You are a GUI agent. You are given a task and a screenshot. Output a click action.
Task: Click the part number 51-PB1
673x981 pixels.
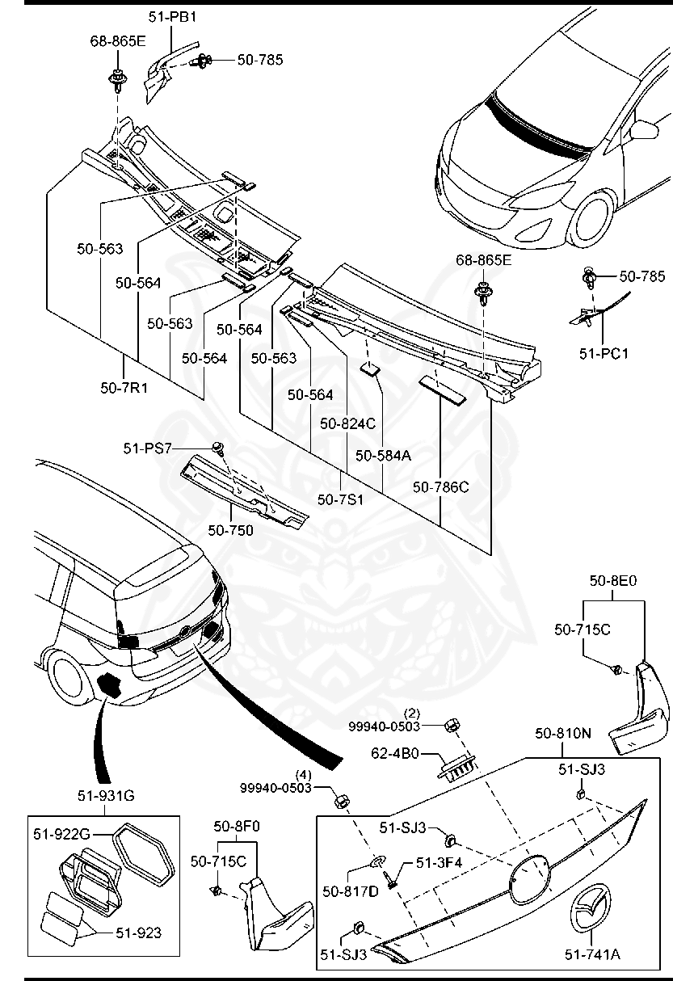[x=172, y=16]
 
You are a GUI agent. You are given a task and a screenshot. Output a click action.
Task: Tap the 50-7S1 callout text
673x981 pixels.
[x=340, y=499]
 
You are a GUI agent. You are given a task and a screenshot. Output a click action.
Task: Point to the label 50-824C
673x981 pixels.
[x=347, y=423]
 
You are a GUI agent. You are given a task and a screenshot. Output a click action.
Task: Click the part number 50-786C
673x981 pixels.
[x=440, y=487]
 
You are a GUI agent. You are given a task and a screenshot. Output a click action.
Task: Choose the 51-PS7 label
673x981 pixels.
[x=147, y=448]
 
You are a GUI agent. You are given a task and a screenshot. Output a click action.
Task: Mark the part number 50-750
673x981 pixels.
[x=230, y=530]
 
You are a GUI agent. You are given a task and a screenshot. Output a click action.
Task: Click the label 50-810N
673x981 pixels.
[x=562, y=734]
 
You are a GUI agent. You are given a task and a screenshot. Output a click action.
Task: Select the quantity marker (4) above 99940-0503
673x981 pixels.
[x=303, y=773]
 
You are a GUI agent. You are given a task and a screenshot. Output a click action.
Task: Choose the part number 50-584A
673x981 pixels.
[x=383, y=455]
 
